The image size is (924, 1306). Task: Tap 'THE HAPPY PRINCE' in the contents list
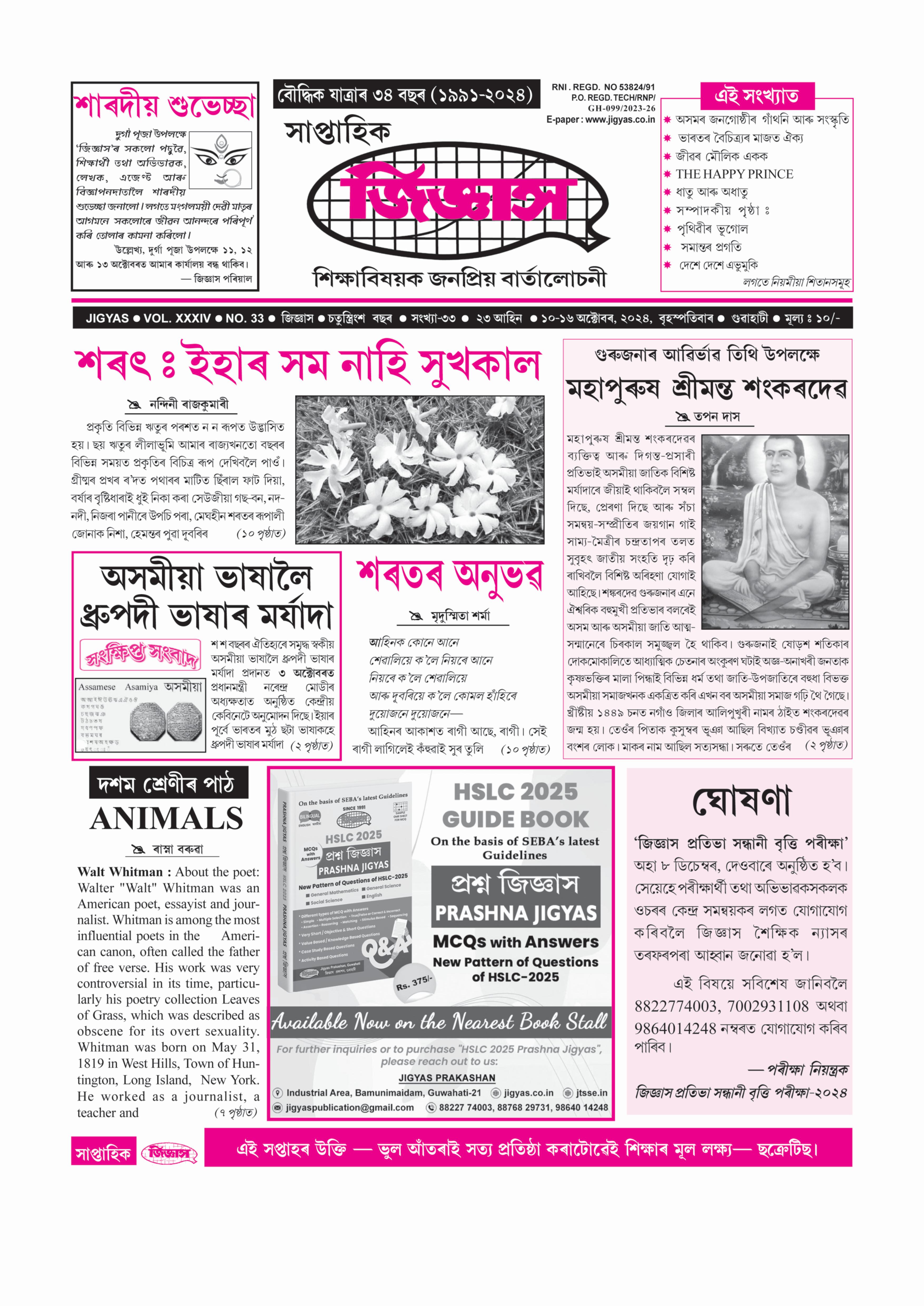tap(734, 174)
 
